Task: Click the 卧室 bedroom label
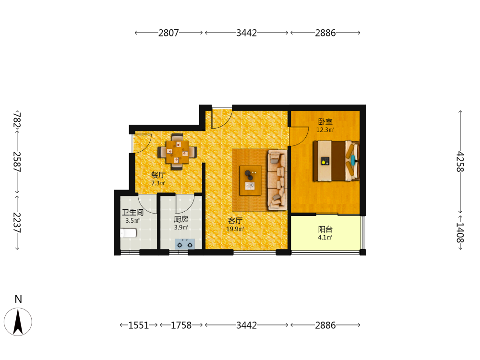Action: coord(325,121)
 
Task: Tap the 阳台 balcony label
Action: coord(325,229)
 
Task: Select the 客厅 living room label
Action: coord(235,221)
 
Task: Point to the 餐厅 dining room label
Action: coord(158,175)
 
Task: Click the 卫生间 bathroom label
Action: coord(132,212)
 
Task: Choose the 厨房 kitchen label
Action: coord(181,219)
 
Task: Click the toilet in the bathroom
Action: coord(128,233)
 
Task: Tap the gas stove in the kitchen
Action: coord(185,244)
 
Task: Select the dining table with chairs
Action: coord(177,152)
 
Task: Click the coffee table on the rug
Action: coord(251,180)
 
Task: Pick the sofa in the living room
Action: coord(277,180)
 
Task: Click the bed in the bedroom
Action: coord(336,161)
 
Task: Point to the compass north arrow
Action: coord(18,322)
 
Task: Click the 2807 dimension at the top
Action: coord(168,33)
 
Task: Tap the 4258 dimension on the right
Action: coord(460,161)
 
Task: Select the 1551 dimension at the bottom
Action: coord(138,325)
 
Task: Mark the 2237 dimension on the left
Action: coord(17,223)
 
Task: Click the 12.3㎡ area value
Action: coord(325,130)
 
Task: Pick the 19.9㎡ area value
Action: coord(235,229)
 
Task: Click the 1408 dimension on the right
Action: coord(460,232)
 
